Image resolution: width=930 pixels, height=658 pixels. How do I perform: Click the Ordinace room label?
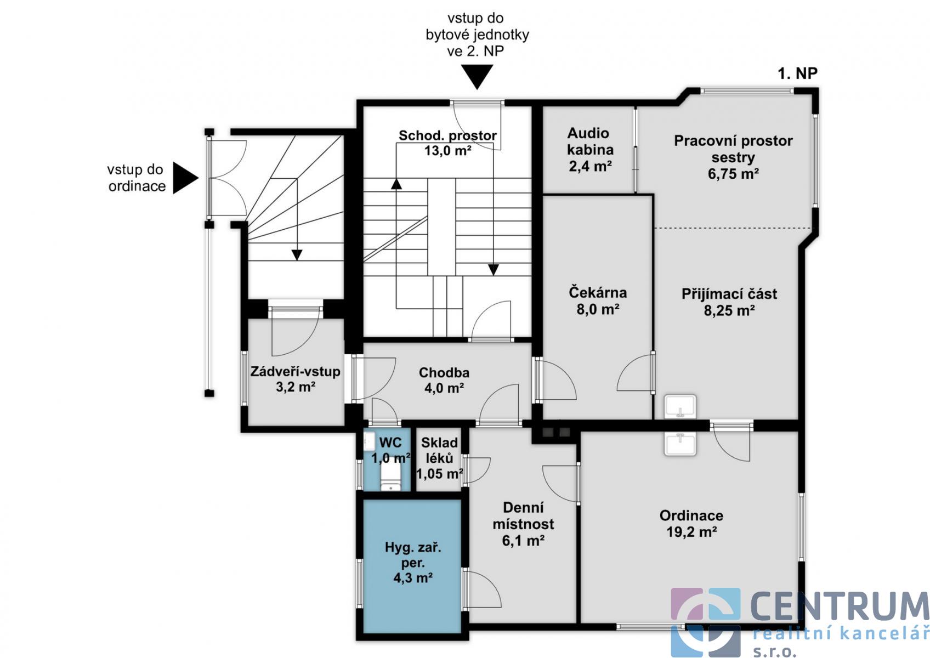click(x=691, y=524)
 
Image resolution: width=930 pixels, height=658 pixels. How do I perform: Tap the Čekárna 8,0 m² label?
click(x=598, y=300)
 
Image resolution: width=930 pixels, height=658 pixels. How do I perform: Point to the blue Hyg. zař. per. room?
click(x=412, y=566)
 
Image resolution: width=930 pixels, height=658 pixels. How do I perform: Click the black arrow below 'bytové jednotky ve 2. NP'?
click(x=478, y=77)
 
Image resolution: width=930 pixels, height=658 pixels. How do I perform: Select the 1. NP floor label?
click(x=797, y=73)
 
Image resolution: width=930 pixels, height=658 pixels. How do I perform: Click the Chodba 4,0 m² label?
click(x=444, y=380)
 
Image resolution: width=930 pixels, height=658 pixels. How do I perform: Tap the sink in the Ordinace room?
click(x=680, y=444)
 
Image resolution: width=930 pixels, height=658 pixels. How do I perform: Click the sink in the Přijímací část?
click(x=680, y=407)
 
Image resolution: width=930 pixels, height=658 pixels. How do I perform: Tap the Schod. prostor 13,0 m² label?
click(x=447, y=143)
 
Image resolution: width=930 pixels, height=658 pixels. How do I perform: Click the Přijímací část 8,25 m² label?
click(x=729, y=302)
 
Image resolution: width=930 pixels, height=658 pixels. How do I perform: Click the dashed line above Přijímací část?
click(x=733, y=228)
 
